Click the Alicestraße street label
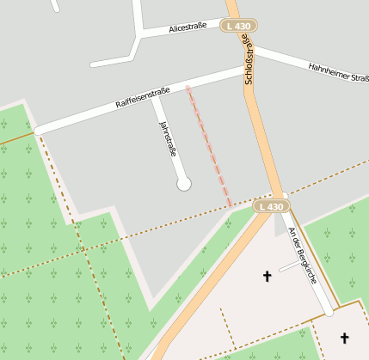[188, 28]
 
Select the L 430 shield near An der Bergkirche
[270, 207]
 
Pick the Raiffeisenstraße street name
[143, 97]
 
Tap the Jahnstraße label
[168, 139]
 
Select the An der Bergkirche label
[303, 254]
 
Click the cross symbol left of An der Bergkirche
[267, 277]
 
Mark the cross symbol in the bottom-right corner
[345, 338]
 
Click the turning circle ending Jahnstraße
[183, 183]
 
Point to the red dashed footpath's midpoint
[209, 145]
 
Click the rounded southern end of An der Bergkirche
[329, 311]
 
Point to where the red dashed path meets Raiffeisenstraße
[188, 88]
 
